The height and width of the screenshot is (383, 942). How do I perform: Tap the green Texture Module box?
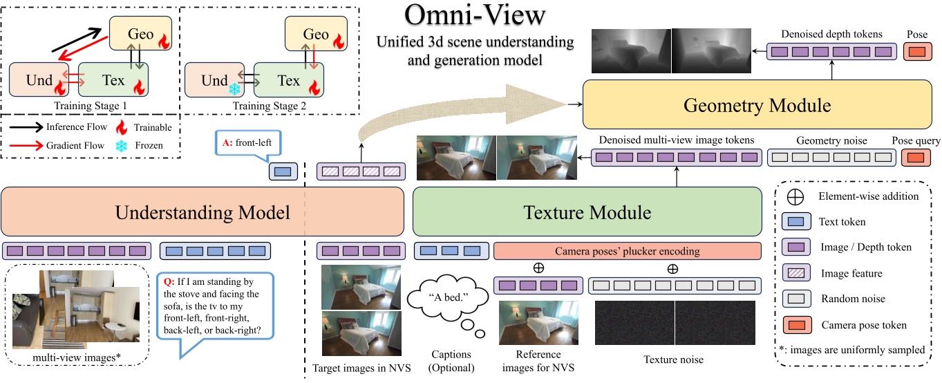tap(587, 212)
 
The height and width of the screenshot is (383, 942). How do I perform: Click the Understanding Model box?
tap(202, 212)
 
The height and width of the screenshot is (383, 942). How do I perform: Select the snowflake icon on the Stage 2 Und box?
tap(236, 90)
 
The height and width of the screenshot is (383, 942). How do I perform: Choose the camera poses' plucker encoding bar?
tap(627, 252)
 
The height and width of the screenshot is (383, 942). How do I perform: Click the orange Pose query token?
tap(916, 158)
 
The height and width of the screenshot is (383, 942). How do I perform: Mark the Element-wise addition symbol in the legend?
tap(795, 196)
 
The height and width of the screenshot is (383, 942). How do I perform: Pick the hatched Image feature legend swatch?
tap(796, 273)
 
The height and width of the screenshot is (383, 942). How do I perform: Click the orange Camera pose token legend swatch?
tap(796, 325)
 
